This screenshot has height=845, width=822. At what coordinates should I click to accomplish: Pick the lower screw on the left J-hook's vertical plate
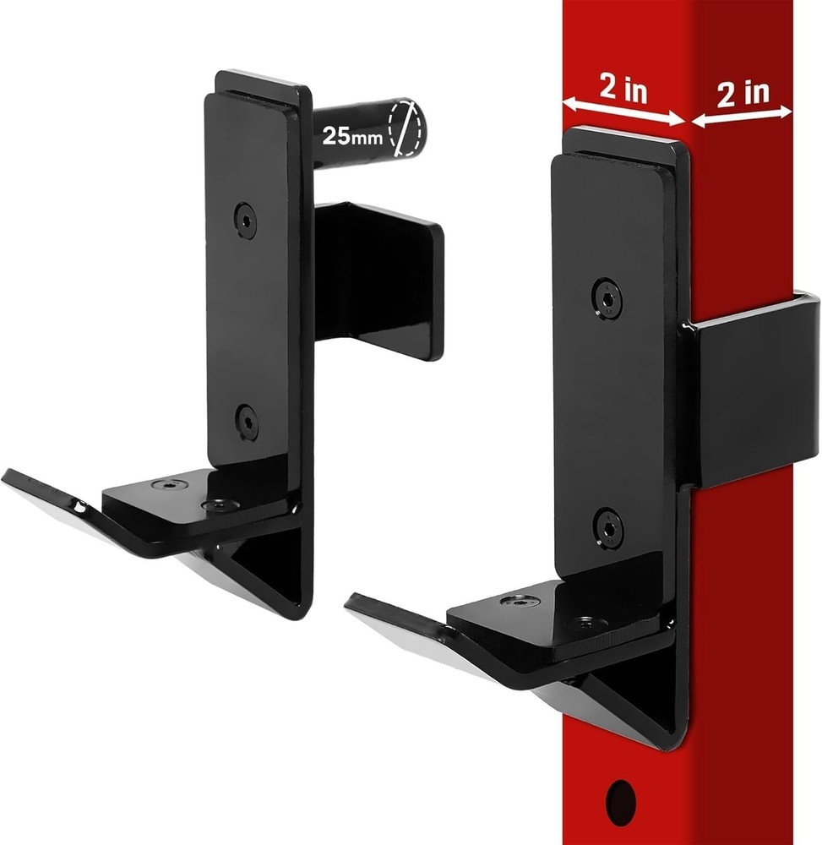247,421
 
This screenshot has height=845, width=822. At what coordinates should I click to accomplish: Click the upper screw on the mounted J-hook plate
607,299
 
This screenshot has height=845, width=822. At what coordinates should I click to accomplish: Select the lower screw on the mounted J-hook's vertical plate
608,527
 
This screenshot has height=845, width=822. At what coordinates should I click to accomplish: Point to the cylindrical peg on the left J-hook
355,135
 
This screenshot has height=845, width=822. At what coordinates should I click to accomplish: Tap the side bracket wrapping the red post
752,389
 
